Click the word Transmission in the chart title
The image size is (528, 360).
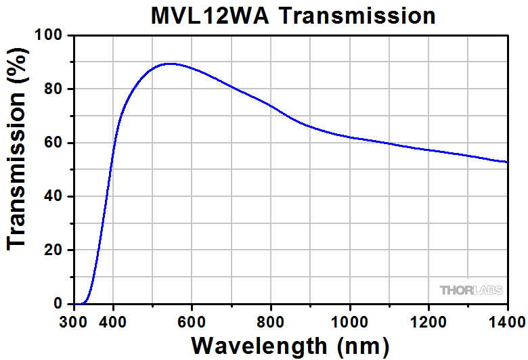pos(358,15)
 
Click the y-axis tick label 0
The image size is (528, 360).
pos(59,304)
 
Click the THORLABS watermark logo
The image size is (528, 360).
pos(472,290)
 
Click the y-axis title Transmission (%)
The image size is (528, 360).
pos(18,169)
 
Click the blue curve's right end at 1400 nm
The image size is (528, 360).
pos(507,162)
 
